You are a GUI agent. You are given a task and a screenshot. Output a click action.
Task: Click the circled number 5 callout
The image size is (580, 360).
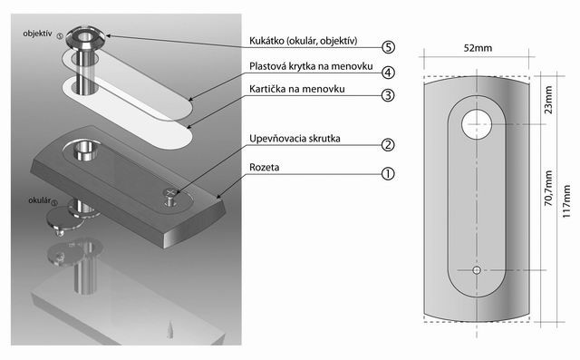pos(388,47)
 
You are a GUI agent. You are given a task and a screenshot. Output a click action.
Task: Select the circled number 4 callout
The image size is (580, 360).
pos(388,73)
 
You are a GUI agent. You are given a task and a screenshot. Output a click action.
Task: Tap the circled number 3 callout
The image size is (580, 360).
pos(388,95)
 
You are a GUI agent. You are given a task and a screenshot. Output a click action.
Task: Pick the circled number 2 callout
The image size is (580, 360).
pos(388,145)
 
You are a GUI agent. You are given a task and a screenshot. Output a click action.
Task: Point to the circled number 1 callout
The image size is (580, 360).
pos(388,173)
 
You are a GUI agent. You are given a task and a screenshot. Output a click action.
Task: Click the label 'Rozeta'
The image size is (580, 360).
pos(264,167)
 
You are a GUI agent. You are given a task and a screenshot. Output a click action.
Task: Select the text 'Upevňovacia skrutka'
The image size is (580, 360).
pos(295,139)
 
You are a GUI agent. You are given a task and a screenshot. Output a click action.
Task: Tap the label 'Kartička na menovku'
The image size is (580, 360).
pos(297,89)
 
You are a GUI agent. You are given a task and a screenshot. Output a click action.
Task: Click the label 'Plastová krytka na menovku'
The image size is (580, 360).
pos(311,66)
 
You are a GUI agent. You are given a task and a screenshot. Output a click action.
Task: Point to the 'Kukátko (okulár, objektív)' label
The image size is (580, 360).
pos(304,41)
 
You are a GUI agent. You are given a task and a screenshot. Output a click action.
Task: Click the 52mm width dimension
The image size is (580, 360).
pos(478,48)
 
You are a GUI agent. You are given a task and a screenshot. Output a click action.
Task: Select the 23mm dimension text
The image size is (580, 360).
pos(548,100)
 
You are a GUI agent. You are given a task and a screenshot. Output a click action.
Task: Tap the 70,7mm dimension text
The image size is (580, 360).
pos(548,189)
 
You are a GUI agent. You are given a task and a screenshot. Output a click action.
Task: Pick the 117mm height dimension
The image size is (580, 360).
pos(566,201)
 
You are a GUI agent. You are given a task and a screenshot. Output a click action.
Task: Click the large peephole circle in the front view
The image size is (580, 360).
pos(477,124)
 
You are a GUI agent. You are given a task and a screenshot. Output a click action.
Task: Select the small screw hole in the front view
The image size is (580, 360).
pos(477,270)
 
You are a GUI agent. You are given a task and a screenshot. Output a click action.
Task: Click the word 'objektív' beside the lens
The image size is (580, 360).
pos(37,34)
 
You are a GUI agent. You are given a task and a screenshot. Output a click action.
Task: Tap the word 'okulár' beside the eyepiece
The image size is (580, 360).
pos(40,200)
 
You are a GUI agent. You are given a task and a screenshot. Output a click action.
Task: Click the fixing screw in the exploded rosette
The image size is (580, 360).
pos(170,197)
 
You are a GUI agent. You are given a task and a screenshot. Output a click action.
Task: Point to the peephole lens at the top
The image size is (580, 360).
pos(85,37)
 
